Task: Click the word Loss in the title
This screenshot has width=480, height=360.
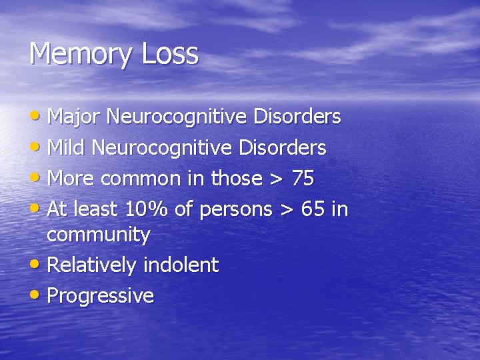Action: [x=169, y=53]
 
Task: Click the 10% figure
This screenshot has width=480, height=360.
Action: [x=147, y=209]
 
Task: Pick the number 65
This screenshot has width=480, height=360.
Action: [x=313, y=209]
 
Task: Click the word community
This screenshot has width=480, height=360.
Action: [x=99, y=235]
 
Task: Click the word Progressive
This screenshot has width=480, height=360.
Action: [x=101, y=295]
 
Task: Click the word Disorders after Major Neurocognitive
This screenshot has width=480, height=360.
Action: [x=297, y=117]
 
